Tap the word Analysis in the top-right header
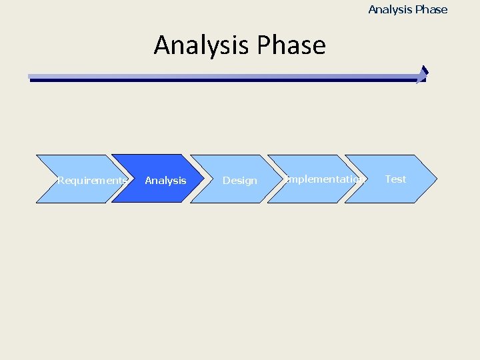coord(390,9)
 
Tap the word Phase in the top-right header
coord(431,9)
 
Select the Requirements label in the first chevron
coord(92,180)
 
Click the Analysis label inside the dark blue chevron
coord(165,180)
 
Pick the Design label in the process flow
coord(239,180)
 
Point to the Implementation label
coord(325,179)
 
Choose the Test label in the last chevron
coord(395,179)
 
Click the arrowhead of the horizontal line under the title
coord(422,75)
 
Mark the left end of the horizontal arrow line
coord(31,78)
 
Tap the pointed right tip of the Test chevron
coord(436,179)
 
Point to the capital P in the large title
coord(263,46)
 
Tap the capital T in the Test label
coord(388,179)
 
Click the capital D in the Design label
coord(226,180)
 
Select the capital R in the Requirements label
coord(61,180)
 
